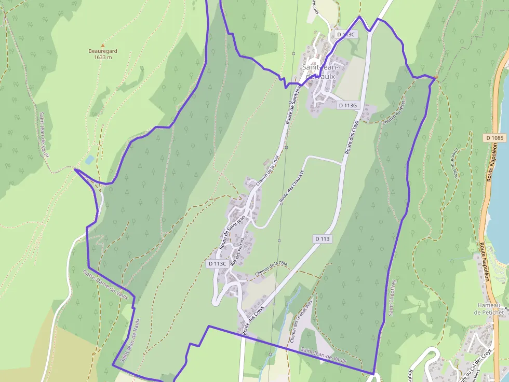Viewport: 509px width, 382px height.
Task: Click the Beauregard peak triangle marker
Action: click(x=102, y=45)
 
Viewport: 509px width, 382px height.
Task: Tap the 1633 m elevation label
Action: click(x=103, y=57)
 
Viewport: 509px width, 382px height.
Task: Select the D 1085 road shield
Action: click(x=496, y=138)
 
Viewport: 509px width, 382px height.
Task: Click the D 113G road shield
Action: click(x=348, y=105)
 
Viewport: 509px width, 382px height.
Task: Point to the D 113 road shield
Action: click(x=322, y=239)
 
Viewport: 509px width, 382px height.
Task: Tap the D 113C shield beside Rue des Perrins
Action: click(x=217, y=263)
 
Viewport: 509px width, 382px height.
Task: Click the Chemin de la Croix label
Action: click(x=268, y=171)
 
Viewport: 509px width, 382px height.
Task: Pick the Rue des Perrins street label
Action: click(x=237, y=252)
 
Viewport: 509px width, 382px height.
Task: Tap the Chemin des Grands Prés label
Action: click(x=301, y=321)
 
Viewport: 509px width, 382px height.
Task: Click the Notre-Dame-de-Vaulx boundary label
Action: click(x=105, y=284)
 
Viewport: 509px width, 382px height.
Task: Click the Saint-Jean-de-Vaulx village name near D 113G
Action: click(x=320, y=72)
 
